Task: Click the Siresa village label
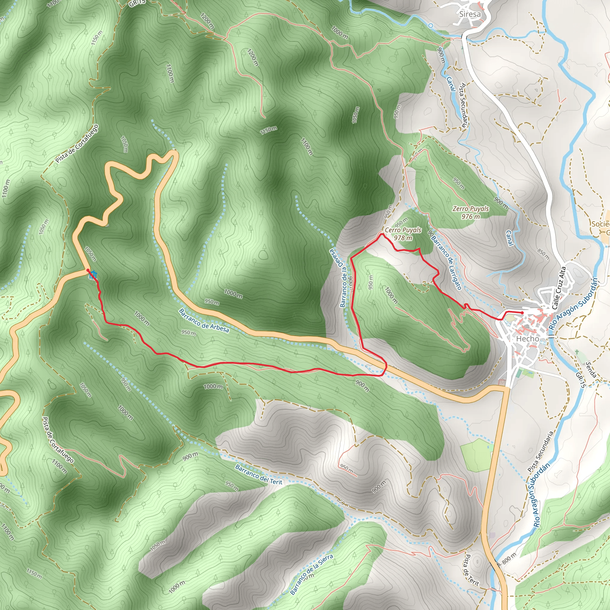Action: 470,14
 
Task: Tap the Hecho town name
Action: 527,339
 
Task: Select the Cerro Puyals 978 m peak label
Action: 403,234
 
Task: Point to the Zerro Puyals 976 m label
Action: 470,212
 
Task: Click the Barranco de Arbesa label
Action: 204,320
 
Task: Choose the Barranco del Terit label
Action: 258,474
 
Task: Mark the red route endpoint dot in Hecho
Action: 522,312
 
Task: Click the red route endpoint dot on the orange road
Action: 88,270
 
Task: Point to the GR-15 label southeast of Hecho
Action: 580,380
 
